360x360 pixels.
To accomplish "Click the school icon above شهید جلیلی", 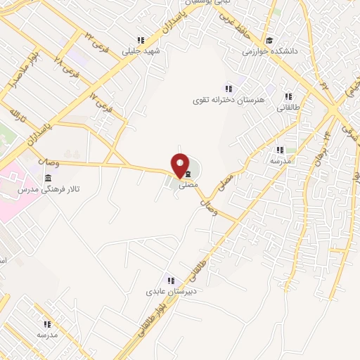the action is coord(141,40).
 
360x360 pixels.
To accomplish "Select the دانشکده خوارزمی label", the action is coord(271,51).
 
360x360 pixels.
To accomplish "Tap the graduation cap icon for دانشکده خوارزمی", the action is coord(269,40).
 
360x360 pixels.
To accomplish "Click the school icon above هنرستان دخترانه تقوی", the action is coord(229,88).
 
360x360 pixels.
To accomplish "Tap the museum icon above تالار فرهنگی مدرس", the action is coord(48,179).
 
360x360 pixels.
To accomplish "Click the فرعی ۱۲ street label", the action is coord(102,102).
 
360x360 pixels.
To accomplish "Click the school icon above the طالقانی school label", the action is coord(288,96).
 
